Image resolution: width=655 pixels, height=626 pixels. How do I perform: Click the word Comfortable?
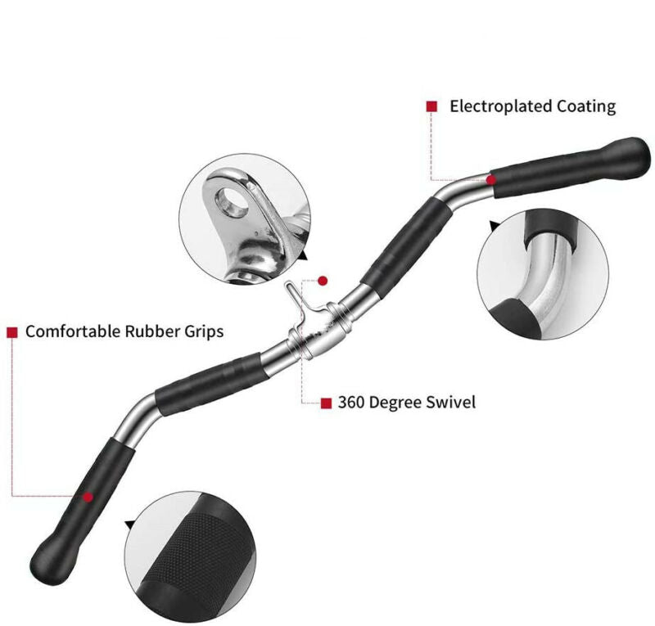pyautogui.click(x=73, y=332)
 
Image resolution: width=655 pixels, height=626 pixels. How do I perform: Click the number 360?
pyautogui.click(x=355, y=403)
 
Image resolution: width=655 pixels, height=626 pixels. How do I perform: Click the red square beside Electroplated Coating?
pyautogui.click(x=431, y=106)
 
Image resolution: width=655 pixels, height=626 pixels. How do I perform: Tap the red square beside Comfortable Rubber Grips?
pyautogui.click(x=12, y=332)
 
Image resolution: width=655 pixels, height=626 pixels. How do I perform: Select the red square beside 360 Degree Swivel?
pyautogui.click(x=326, y=403)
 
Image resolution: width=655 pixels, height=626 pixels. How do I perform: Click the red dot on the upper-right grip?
pyautogui.click(x=491, y=179)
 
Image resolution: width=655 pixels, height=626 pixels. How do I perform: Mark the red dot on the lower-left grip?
pyautogui.click(x=88, y=496)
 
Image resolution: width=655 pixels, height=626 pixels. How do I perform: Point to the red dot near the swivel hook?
pyautogui.click(x=323, y=281)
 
